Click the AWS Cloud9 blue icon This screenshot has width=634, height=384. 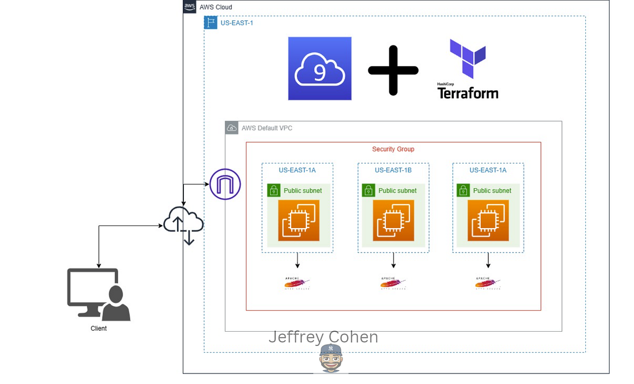pyautogui.click(x=320, y=69)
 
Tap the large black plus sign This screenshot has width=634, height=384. pyautogui.click(x=393, y=70)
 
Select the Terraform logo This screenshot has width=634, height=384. pyautogui.click(x=468, y=69)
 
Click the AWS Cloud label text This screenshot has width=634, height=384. pyautogui.click(x=216, y=7)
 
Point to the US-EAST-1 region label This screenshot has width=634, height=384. pyautogui.click(x=237, y=23)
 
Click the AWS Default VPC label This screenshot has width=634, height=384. pyautogui.click(x=267, y=128)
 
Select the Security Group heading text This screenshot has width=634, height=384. pyautogui.click(x=393, y=149)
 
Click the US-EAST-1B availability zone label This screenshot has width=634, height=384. pyautogui.click(x=393, y=170)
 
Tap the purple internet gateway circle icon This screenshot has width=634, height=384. pyautogui.click(x=225, y=184)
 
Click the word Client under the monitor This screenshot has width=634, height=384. pyautogui.click(x=98, y=329)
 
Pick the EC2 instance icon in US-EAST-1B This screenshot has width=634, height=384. pyautogui.click(x=393, y=220)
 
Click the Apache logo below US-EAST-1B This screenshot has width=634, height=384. pyautogui.click(x=393, y=284)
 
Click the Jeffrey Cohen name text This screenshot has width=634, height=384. pyautogui.click(x=323, y=336)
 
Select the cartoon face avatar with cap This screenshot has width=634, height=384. pyautogui.click(x=331, y=358)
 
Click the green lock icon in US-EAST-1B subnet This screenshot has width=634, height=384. pyautogui.click(x=368, y=190)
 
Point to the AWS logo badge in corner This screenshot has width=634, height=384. pyautogui.click(x=190, y=7)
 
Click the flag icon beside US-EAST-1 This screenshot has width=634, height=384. pyautogui.click(x=211, y=23)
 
